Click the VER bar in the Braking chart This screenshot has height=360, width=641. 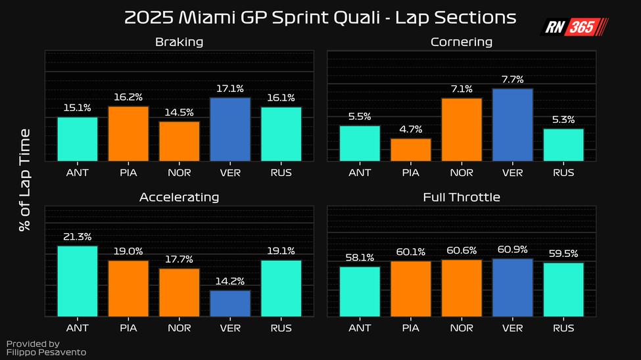pos(230,129)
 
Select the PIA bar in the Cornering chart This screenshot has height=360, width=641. pos(411,150)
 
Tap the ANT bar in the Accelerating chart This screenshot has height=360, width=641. pos(78,281)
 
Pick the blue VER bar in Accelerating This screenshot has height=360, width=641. pos(230,304)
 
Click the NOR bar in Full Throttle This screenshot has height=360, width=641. pos(462,288)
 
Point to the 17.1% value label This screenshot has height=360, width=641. pos(230,88)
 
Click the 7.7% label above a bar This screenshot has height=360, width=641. pos(512,79)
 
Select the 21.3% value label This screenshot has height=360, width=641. pos(78,236)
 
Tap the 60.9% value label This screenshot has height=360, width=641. pos(512,250)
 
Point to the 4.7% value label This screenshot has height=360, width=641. pos(411,129)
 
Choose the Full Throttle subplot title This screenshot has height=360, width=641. pos(462,197)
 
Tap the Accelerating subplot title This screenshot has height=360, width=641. pos(179,197)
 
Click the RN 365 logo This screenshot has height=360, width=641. pos(574,27)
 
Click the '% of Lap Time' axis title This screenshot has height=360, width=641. pos(25,179)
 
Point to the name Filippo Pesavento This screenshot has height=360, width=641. pos(46,352)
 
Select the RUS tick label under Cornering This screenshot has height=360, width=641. pos(563,173)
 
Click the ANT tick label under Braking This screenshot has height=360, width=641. pos(78,173)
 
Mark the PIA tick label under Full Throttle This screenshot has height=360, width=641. pos(411,328)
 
